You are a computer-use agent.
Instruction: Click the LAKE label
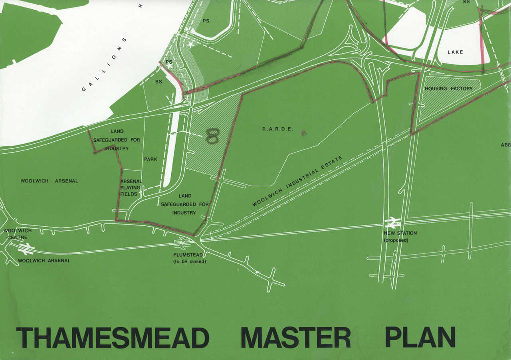pos(455,52)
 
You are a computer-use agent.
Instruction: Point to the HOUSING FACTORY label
pos(448,89)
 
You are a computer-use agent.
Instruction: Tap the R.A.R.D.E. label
pos(277,129)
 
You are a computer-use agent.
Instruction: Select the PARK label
pos(151,159)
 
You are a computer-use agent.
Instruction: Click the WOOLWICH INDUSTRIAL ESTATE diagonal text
pos(297,181)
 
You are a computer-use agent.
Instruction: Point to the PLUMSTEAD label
pos(188,255)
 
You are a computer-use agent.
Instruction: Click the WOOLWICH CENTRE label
pos(17,234)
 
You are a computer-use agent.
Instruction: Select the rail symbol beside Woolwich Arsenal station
pos(26,249)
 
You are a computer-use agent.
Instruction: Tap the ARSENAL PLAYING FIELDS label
pos(131,188)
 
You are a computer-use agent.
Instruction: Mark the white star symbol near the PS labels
pos(191,45)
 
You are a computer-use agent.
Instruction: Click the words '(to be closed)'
pos(189,262)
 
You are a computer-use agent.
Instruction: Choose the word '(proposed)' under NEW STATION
pos(396,240)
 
